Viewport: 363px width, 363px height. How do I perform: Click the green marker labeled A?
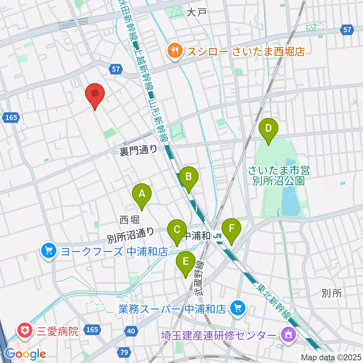pyautogui.click(x=142, y=194)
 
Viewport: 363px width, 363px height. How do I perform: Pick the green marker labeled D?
pyautogui.click(x=268, y=128)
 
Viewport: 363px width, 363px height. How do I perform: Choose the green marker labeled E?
pyautogui.click(x=186, y=261)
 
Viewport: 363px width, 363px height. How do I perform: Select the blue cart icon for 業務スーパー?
pyautogui.click(x=238, y=308)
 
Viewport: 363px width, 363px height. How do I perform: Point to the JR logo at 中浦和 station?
pyautogui.click(x=218, y=236)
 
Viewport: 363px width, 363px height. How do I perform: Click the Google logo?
pyautogui.click(x=26, y=354)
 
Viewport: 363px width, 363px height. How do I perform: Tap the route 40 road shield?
pyautogui.click(x=131, y=331)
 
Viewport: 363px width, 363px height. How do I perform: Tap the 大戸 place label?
pyautogui.click(x=196, y=12)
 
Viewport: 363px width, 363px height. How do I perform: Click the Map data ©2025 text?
pyautogui.click(x=330, y=357)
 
